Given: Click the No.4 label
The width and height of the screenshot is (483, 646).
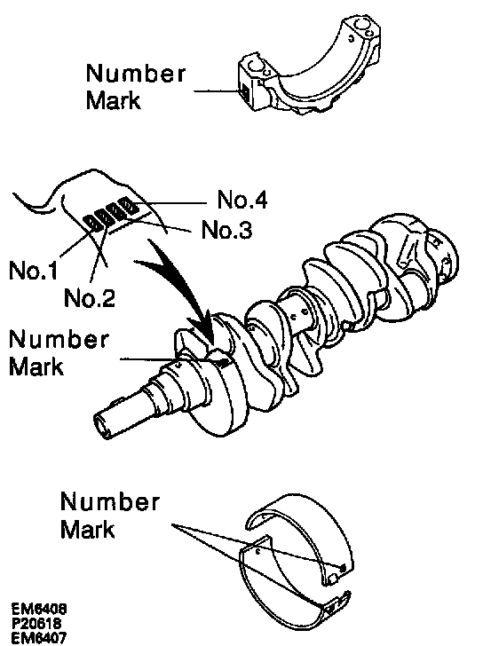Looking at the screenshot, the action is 241,200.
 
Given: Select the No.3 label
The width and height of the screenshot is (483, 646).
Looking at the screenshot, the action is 226,230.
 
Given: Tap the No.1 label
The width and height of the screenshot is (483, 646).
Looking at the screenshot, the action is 34,271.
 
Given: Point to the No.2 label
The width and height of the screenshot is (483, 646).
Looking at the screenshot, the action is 90,297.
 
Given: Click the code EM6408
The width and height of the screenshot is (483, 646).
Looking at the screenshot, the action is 39,609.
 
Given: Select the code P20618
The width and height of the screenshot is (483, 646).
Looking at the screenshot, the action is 36,623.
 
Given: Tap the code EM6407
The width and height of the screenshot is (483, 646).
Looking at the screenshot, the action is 39,638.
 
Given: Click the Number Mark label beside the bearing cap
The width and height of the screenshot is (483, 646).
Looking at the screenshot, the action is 136,86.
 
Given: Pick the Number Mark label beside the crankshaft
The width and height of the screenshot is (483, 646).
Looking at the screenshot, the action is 59,352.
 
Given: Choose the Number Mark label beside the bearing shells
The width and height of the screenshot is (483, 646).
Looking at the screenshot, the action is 109,515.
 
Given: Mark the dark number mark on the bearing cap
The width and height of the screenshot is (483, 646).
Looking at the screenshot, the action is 245,91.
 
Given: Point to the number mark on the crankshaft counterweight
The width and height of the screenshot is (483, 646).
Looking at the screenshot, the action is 224,363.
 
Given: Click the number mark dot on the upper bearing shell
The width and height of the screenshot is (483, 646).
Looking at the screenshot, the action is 343,569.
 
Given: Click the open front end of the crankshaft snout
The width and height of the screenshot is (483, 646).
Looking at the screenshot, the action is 102,426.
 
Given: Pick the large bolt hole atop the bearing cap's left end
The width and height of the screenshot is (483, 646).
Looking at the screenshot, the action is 255,65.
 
